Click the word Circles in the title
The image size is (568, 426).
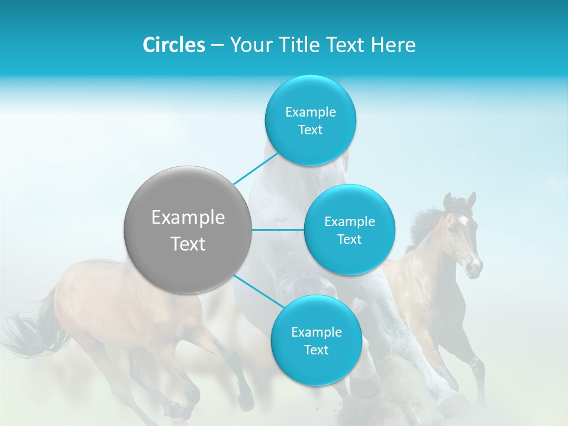click(174, 45)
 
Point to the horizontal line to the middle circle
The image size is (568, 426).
click(278, 230)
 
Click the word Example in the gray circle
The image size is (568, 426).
click(188, 218)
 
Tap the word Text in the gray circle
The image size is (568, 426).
click(188, 244)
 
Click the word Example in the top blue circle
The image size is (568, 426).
click(310, 112)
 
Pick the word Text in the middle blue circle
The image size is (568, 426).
click(349, 240)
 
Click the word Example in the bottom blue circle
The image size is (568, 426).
click(316, 333)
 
